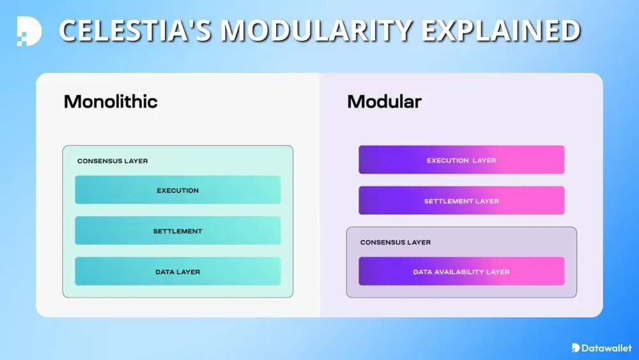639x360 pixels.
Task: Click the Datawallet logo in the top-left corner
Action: point(29,31)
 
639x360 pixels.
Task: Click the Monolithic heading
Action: point(111,102)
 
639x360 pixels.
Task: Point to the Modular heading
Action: point(384,102)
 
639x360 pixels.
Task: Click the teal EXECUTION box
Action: point(178,190)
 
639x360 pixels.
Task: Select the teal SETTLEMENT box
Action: point(178,231)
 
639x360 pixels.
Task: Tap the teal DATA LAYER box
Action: point(178,272)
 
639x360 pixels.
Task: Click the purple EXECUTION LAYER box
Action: point(461,160)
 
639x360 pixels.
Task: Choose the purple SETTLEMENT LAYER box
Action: point(461,201)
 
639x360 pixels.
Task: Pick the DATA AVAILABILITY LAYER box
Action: point(461,272)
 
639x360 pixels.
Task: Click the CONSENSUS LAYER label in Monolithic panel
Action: point(112,161)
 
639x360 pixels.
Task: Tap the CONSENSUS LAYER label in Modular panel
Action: point(396,242)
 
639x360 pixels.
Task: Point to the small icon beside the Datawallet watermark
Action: point(576,348)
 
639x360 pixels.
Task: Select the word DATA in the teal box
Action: point(165,272)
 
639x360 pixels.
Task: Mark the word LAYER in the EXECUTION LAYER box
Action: point(484,160)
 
